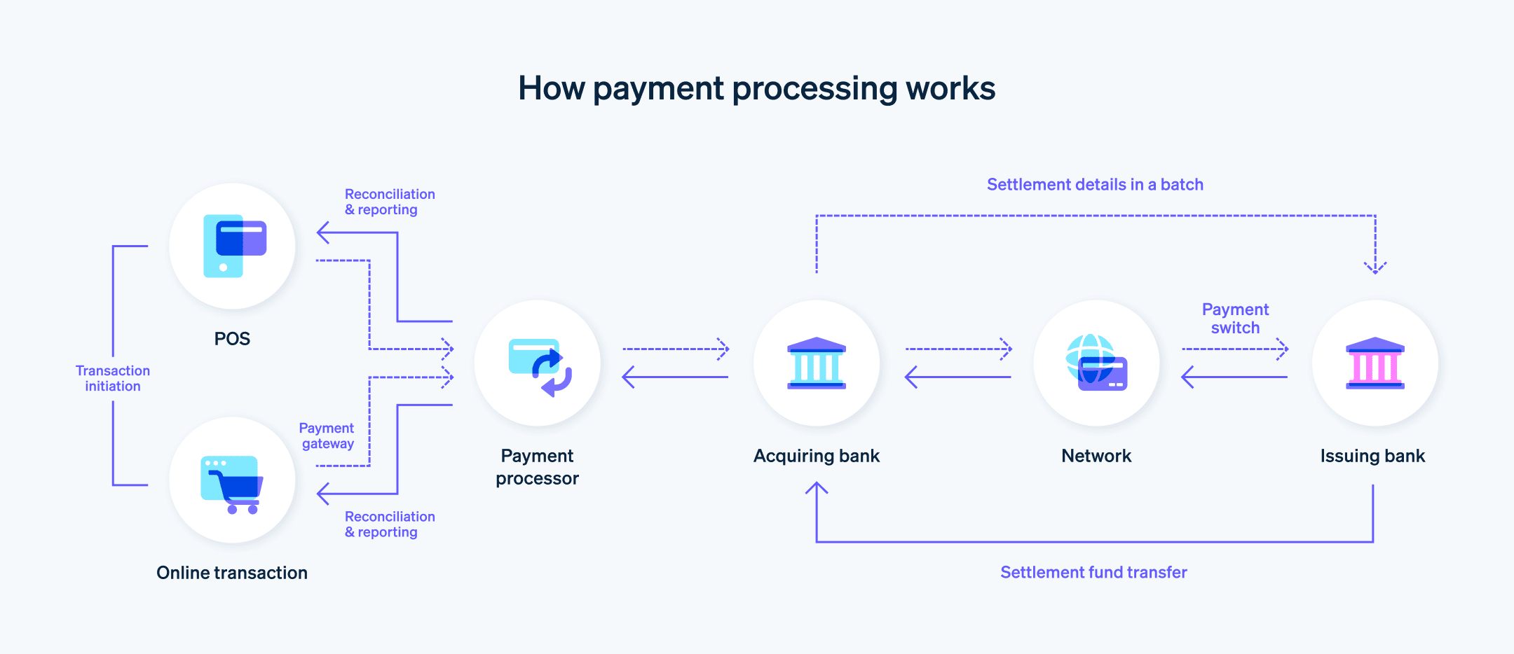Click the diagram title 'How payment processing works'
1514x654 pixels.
[x=756, y=89]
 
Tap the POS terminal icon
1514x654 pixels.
[x=233, y=246]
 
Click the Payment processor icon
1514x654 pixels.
[x=538, y=365]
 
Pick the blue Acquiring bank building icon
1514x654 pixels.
[x=817, y=363]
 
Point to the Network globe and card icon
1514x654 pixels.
[x=1096, y=363]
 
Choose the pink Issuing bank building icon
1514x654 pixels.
[x=1375, y=363]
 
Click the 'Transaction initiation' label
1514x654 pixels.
[x=113, y=378]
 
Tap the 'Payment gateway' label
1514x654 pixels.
[x=327, y=436]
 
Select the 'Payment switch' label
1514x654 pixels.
[x=1235, y=319]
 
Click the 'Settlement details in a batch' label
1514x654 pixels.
[x=1095, y=185]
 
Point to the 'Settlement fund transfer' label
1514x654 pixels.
[x=1093, y=573]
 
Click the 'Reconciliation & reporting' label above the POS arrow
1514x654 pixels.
[x=389, y=202]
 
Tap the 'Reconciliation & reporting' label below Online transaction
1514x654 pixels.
[x=389, y=524]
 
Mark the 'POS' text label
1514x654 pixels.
[x=232, y=339]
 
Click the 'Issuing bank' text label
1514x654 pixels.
[x=1372, y=457]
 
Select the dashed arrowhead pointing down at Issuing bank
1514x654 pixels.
[x=1375, y=267]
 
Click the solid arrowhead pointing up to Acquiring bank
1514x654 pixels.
[x=817, y=488]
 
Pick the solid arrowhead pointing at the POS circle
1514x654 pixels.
[x=322, y=232]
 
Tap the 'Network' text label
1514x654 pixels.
[x=1096, y=457]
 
